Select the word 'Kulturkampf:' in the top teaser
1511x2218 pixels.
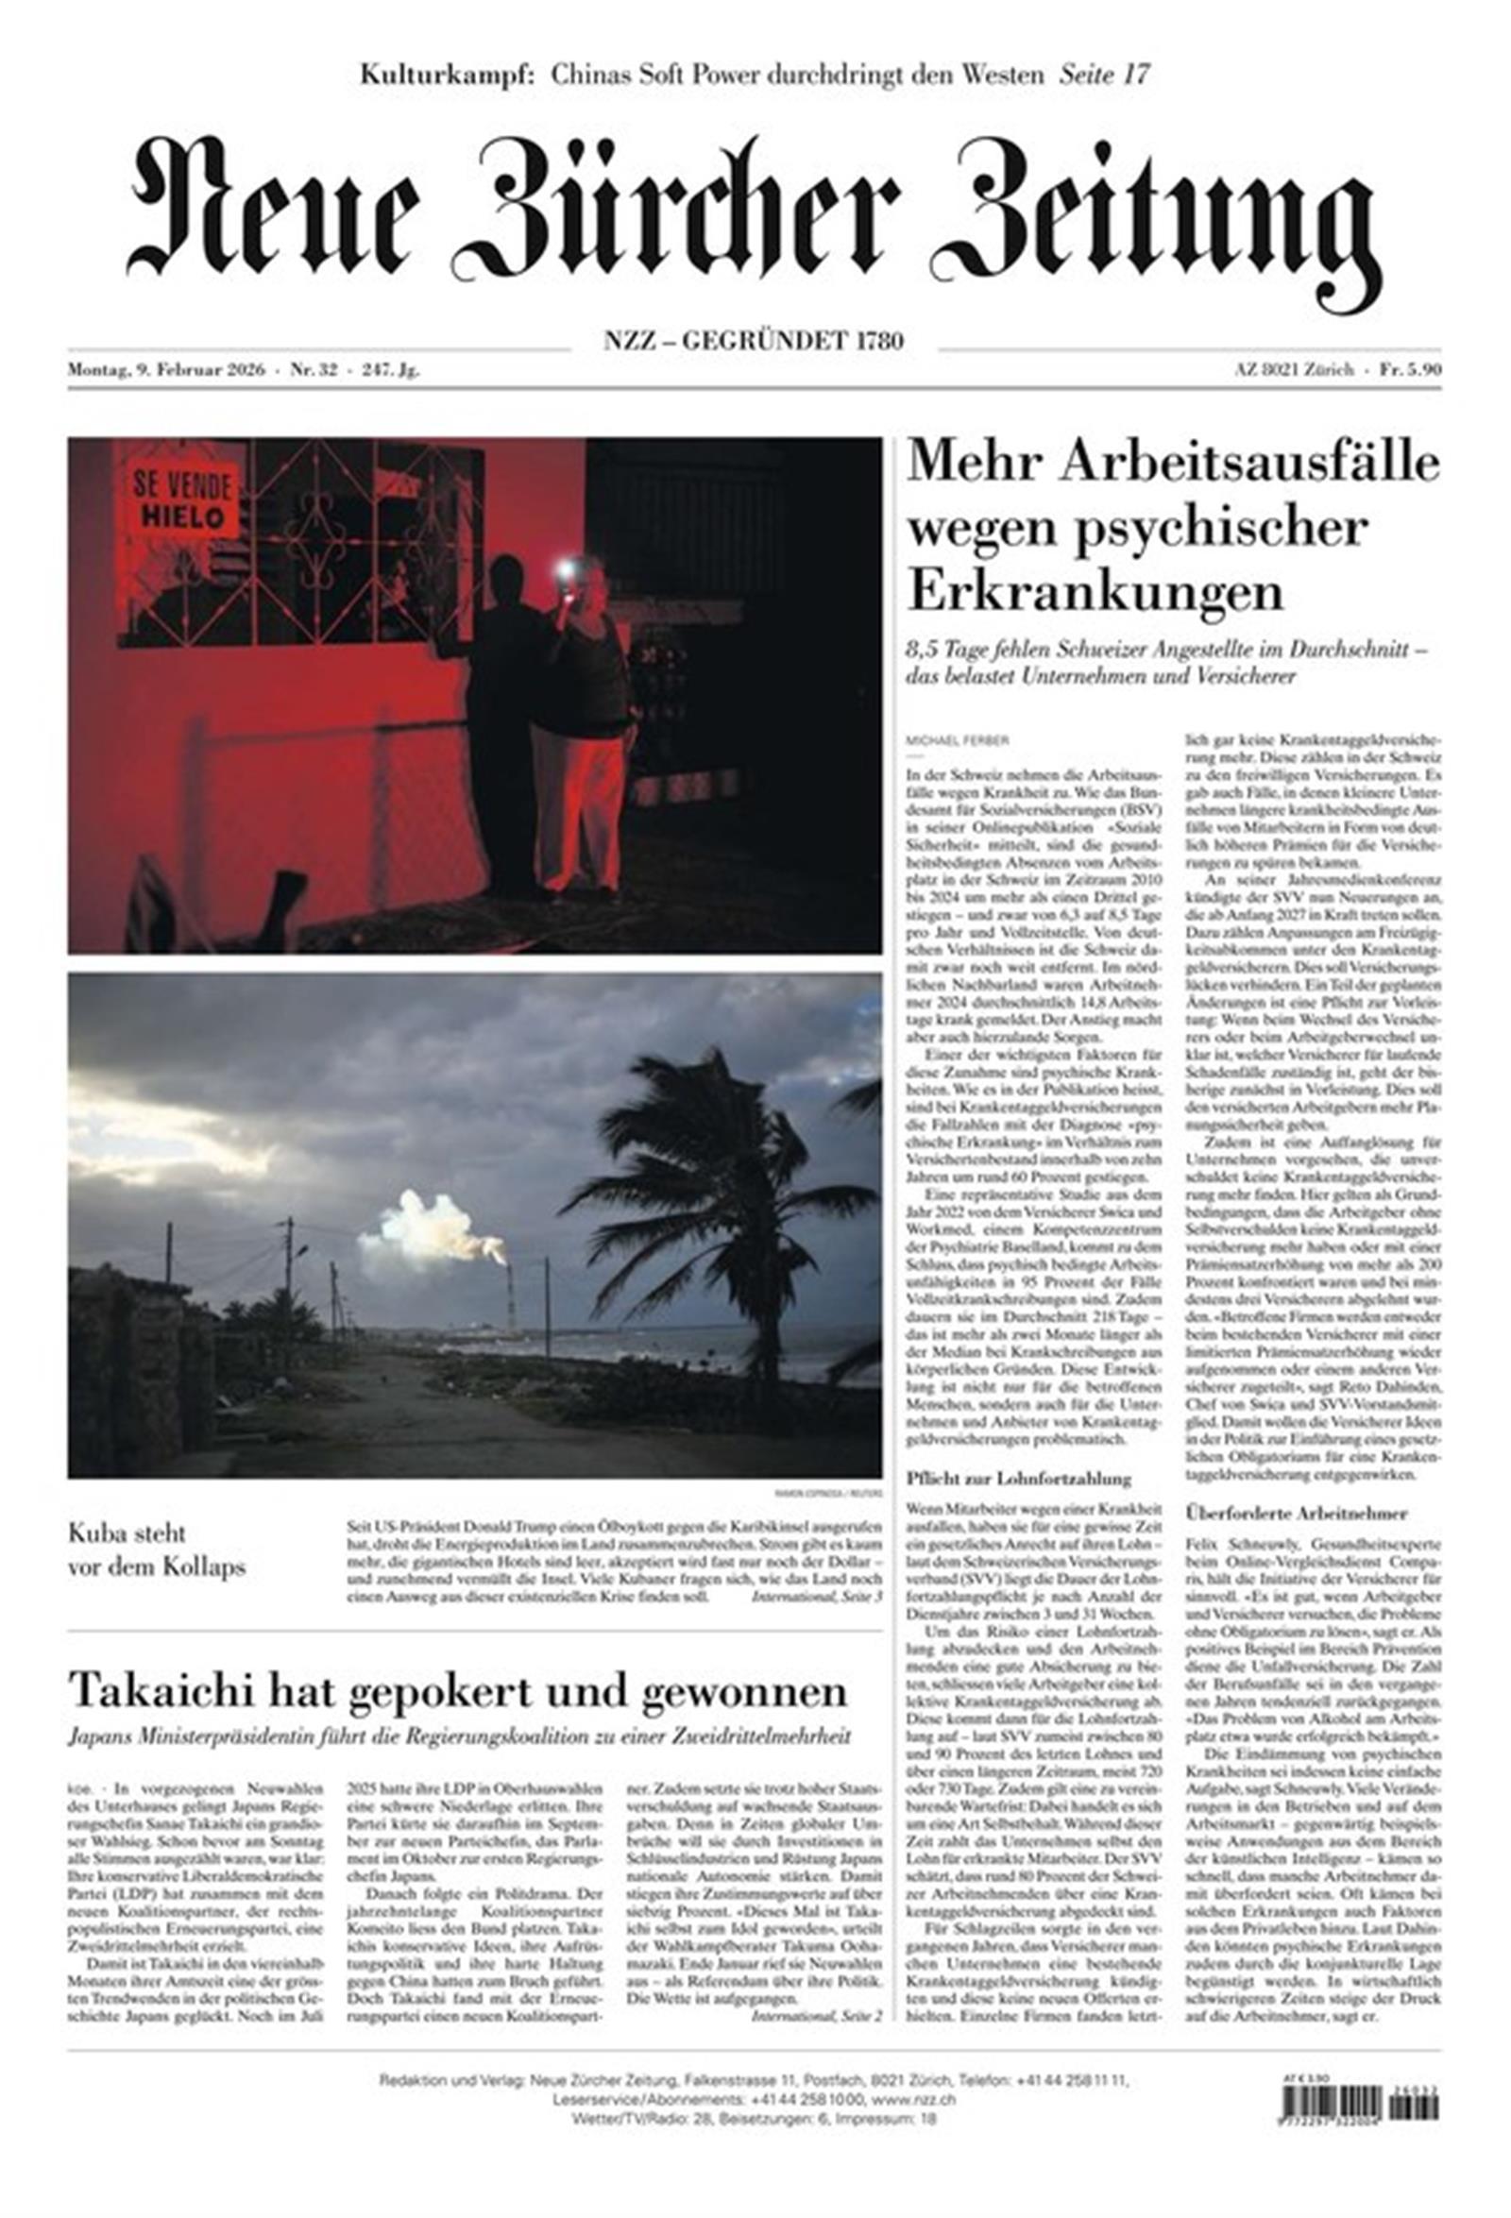447,74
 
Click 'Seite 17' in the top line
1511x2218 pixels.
1103,74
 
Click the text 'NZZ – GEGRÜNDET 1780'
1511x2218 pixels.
754,340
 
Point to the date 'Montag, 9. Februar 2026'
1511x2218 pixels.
167,370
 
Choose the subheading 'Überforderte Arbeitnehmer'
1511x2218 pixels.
1296,1513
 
